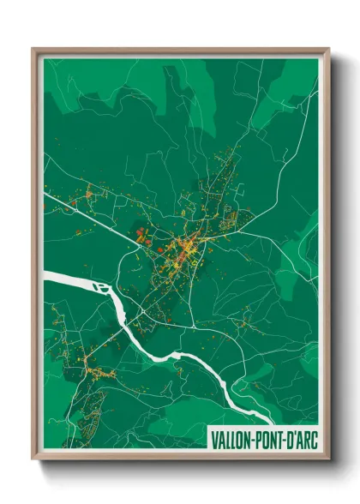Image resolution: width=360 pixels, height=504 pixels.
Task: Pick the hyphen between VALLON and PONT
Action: click(249, 437)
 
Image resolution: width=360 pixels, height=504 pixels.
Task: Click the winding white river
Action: click(171, 343)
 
